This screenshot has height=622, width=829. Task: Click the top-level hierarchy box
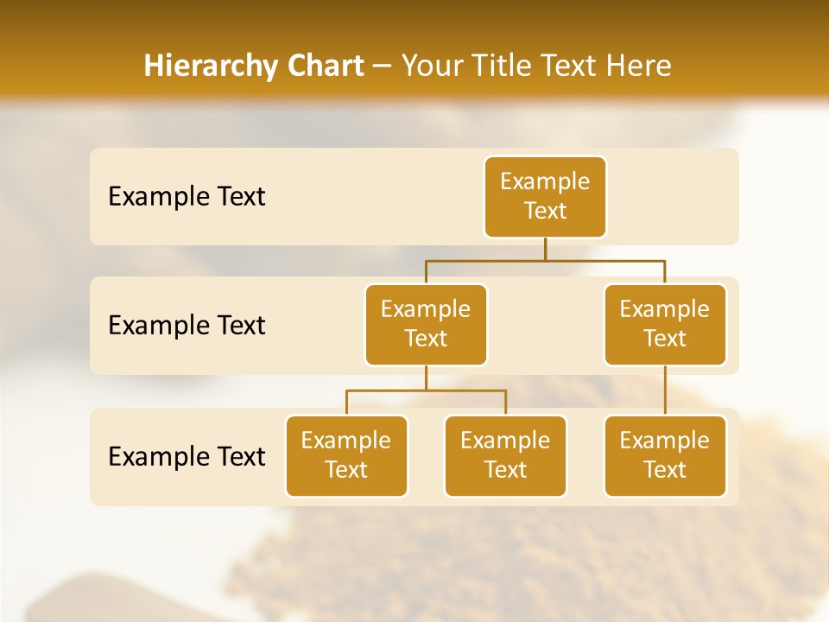pos(545,196)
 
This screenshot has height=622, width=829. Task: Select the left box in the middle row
pos(426,324)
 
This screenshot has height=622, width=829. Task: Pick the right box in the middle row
pos(665,324)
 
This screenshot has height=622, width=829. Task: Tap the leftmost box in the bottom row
pos(346,455)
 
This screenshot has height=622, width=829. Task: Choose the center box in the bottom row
pos(505,455)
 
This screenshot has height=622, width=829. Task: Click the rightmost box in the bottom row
pos(665,455)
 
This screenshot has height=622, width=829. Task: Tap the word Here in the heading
pos(640,66)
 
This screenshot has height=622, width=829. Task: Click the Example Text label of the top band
pos(187,196)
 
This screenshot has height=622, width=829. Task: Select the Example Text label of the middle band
pos(187,325)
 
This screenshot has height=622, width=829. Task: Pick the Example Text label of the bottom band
pos(187,456)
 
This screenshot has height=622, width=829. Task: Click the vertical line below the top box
pos(545,249)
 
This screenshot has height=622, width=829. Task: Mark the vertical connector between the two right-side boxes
pos(665,390)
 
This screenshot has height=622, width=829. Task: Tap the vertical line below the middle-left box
pos(426,378)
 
